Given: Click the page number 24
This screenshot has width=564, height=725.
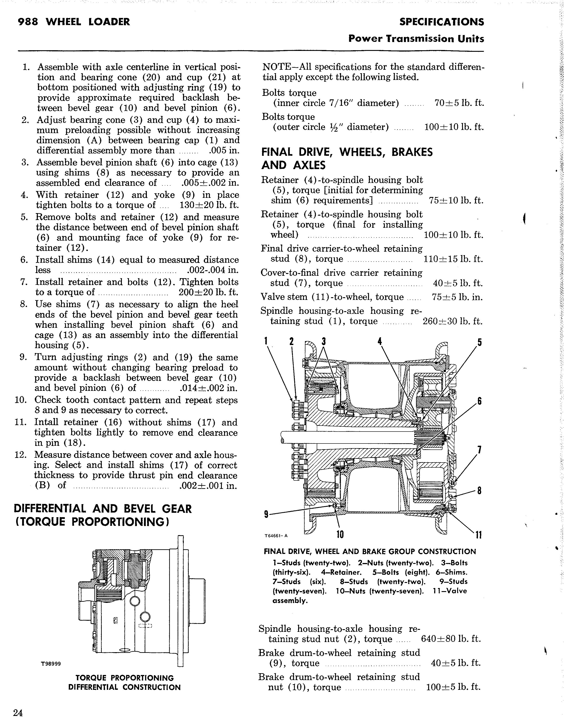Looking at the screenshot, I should click(x=18, y=713).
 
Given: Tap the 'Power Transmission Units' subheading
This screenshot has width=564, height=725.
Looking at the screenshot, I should click(x=416, y=39).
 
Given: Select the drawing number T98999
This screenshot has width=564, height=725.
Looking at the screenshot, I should click(x=51, y=663).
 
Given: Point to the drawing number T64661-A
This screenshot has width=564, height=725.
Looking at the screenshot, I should click(x=276, y=536).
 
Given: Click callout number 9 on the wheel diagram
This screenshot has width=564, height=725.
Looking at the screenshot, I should click(x=266, y=515).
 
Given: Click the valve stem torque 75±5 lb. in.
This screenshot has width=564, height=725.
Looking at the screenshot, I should click(x=457, y=297).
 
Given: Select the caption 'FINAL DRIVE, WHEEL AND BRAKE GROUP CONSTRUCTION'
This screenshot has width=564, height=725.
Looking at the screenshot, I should click(x=370, y=551).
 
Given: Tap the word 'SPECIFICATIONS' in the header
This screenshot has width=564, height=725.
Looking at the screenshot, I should click(x=441, y=22).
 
